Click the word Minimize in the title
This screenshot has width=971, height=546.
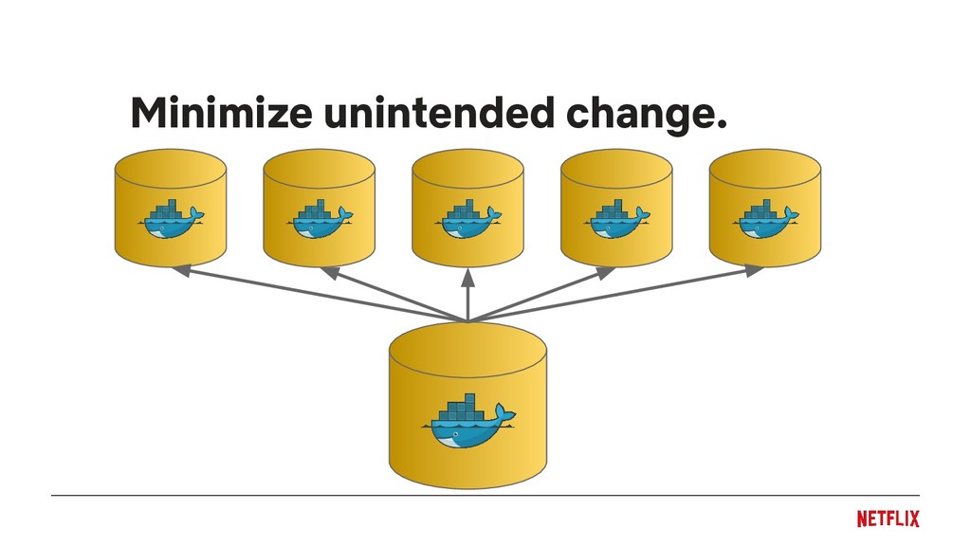tap(220, 115)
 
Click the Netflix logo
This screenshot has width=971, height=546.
tap(888, 519)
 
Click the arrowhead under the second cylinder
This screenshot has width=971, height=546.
tap(329, 272)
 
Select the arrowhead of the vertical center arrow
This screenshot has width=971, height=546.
tap(468, 277)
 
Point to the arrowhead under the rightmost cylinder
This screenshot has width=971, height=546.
tap(755, 271)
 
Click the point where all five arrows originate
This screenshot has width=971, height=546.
tap(468, 320)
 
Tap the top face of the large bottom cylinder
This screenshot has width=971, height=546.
tap(468, 347)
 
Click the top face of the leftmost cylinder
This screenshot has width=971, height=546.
tap(171, 168)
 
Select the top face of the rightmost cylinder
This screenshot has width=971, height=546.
tap(765, 168)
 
